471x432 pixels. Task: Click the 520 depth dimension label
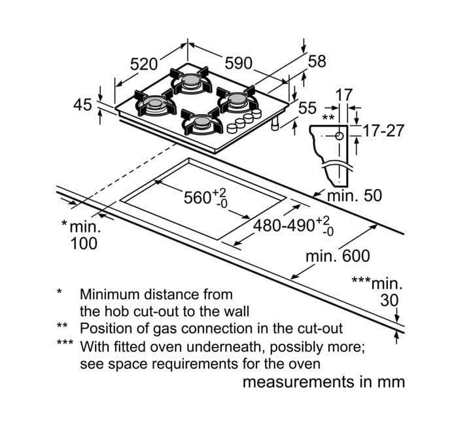[x=144, y=63]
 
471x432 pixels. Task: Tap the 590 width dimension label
[x=239, y=63]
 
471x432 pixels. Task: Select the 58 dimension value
[x=317, y=61]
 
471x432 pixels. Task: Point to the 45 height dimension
[x=82, y=104]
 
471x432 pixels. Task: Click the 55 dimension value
[x=307, y=108]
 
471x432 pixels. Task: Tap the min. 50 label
[x=354, y=195]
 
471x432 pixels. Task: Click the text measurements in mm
[x=324, y=382]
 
